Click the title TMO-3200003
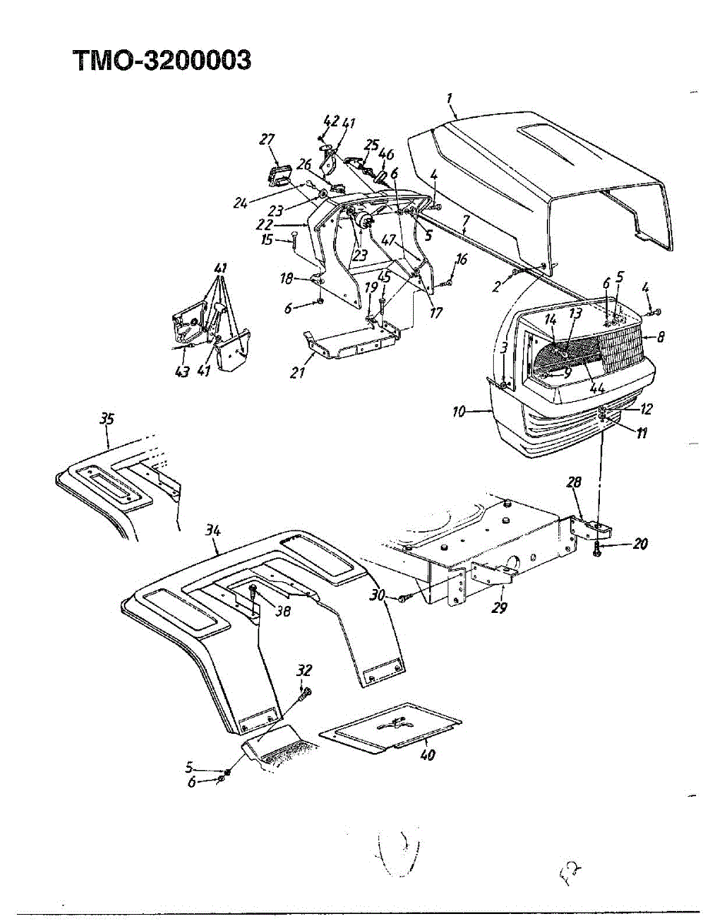pyautogui.click(x=162, y=60)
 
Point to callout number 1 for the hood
pyautogui.click(x=449, y=99)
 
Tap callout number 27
pyautogui.click(x=267, y=139)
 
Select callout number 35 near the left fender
pyautogui.click(x=107, y=420)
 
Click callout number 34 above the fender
pyautogui.click(x=214, y=531)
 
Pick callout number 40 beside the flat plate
pyautogui.click(x=428, y=755)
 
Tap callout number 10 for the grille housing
pyautogui.click(x=458, y=412)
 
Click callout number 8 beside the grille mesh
pyautogui.click(x=661, y=337)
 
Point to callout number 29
pyautogui.click(x=499, y=608)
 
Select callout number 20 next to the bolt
pyautogui.click(x=640, y=544)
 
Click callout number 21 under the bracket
pyautogui.click(x=298, y=373)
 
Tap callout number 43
pyautogui.click(x=182, y=372)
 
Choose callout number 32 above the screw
pyautogui.click(x=303, y=670)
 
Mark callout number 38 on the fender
pyautogui.click(x=283, y=611)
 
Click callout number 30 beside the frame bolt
pyautogui.click(x=377, y=596)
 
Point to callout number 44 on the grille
pyautogui.click(x=597, y=387)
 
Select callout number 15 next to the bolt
pyautogui.click(x=267, y=239)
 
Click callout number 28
pyautogui.click(x=574, y=482)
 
